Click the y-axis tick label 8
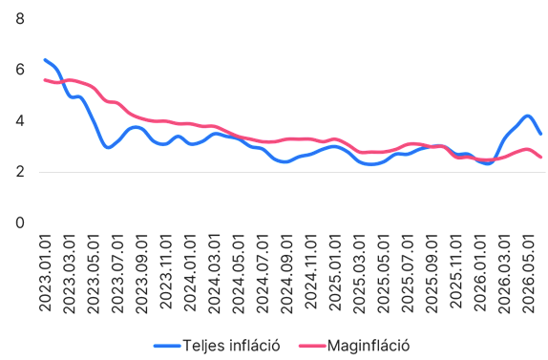20,18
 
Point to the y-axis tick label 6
20,70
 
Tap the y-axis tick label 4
20,121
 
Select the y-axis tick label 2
20,172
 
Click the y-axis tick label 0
20,223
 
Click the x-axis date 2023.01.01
45,273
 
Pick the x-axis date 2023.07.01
117,274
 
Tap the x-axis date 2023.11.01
166,271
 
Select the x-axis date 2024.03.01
214,274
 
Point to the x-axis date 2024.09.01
286,274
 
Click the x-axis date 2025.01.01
335,272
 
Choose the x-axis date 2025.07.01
408,274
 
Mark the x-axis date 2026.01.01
480,272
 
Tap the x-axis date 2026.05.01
529,274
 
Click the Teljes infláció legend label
231,346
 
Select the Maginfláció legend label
369,346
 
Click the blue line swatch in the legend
167,346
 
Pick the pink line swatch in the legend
312,346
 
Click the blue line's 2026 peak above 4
528,116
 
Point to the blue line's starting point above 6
45,60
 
